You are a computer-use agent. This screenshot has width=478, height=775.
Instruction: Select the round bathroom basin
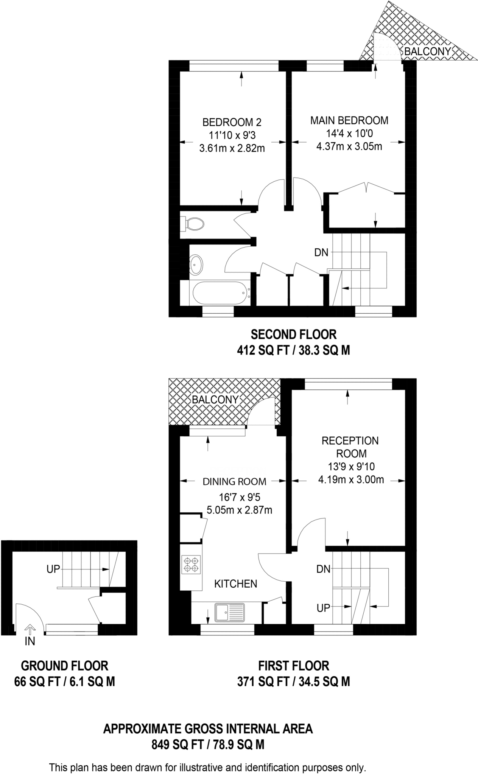tap(196, 265)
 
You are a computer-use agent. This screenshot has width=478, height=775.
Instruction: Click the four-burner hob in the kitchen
tap(191, 564)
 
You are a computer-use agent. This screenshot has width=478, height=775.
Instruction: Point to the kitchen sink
tap(230, 612)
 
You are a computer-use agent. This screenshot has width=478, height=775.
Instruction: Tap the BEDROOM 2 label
tap(232, 122)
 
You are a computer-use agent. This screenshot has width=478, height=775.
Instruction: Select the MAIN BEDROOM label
tap(349, 120)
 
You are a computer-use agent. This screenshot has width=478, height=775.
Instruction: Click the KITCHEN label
tap(235, 584)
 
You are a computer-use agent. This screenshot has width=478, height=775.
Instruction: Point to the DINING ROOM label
tap(234, 481)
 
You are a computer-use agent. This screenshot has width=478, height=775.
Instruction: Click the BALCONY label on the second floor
tap(428, 51)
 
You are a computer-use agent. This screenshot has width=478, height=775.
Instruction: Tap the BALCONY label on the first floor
tap(215, 400)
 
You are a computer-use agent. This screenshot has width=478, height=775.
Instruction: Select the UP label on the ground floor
tap(53, 569)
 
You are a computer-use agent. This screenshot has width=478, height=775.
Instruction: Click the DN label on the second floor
tap(321, 252)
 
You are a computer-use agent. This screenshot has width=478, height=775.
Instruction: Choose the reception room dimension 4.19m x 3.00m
tap(351, 480)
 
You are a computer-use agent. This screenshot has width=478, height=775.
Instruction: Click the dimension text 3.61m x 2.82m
tap(232, 148)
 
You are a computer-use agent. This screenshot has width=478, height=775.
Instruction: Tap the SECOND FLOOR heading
tap(294, 335)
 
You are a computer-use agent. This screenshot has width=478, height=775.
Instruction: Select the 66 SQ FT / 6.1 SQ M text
tap(64, 682)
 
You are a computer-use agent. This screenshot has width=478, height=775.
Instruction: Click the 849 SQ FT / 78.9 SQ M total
tap(208, 745)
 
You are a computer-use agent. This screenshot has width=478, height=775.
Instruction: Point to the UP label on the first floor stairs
tap(323, 608)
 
